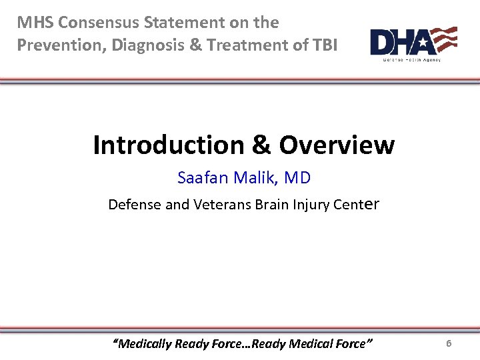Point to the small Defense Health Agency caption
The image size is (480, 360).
pos(411,60)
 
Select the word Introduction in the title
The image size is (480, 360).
pos(169,145)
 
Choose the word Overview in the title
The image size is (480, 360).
pos(337,145)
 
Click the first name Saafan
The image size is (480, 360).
pos(202,178)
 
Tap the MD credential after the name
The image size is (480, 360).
pos(297,178)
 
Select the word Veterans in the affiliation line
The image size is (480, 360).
pos(223,205)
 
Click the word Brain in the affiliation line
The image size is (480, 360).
pos(273,205)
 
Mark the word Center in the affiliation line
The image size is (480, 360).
pos(357,205)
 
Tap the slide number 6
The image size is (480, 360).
pos(449,343)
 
